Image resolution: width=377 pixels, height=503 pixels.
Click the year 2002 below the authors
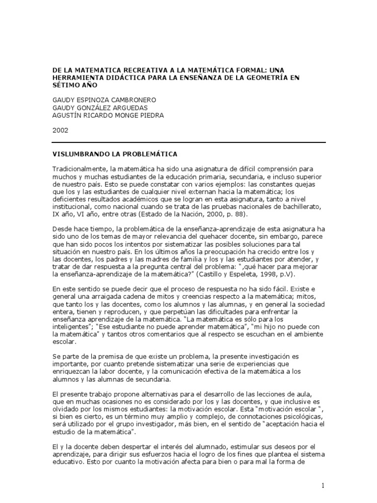tap(60, 130)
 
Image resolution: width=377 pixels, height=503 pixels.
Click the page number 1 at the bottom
tap(323, 486)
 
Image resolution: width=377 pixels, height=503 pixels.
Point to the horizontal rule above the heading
tap(188, 142)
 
